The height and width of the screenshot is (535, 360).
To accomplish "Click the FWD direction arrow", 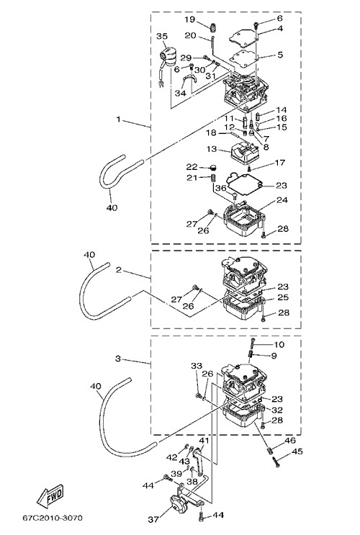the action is (50, 495).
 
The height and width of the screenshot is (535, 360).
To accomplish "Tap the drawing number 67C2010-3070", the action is (53, 518).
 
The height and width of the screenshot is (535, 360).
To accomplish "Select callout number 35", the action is (162, 37).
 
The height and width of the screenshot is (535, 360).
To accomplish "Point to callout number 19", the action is (190, 19).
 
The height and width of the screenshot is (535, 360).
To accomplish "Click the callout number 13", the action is (212, 149).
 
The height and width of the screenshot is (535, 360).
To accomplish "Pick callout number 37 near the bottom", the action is (153, 519).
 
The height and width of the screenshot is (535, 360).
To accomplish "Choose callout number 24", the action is (282, 200).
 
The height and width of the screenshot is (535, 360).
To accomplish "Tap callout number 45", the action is (297, 451).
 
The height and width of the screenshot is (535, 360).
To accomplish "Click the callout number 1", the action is (118, 119).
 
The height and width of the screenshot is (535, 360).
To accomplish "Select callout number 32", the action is (277, 410).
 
